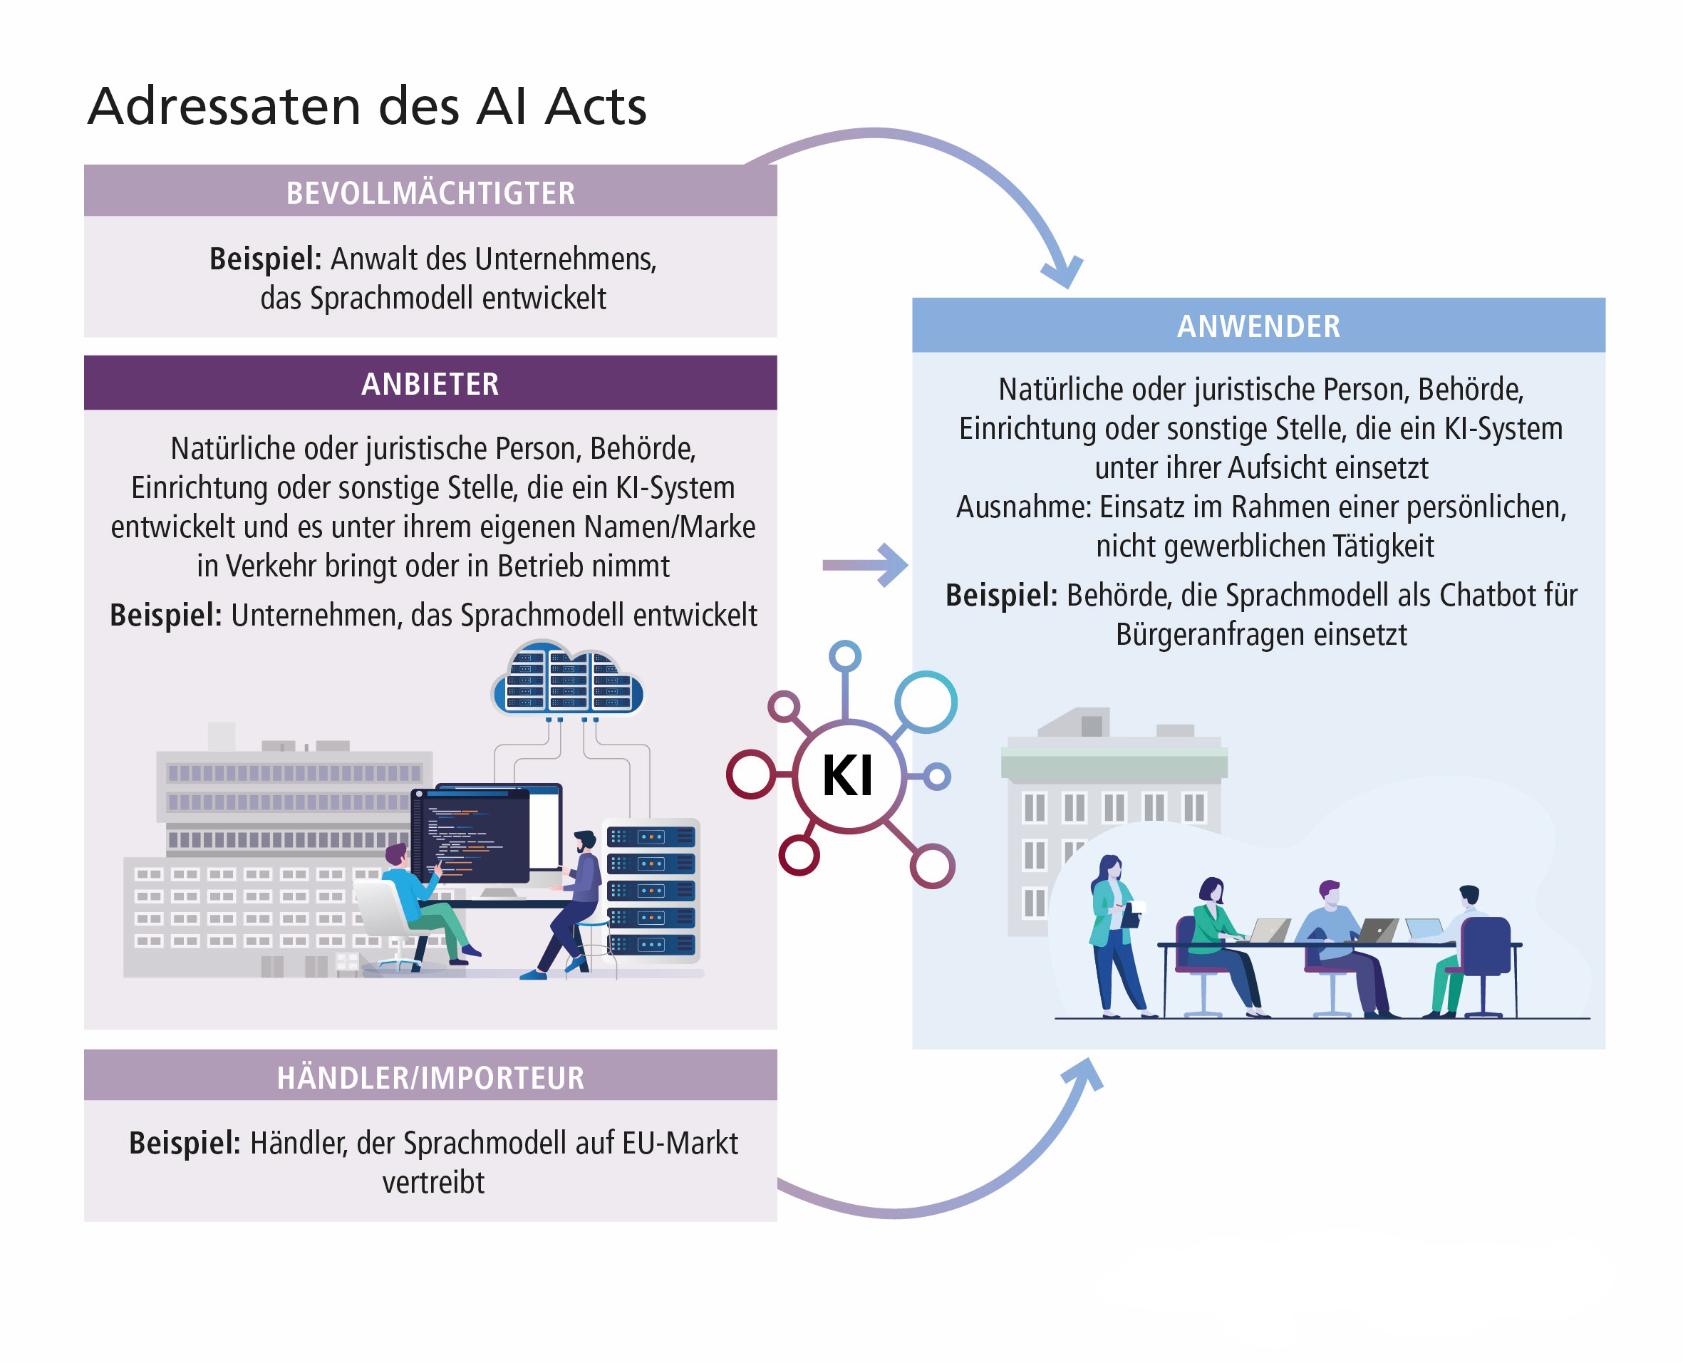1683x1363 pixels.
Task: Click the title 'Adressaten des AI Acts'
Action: pos(366,106)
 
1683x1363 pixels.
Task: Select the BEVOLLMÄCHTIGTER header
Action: pos(430,192)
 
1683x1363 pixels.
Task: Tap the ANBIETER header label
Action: pos(430,383)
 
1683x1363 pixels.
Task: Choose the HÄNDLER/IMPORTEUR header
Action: pos(430,1077)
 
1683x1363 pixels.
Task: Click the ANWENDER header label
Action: pos(1258,326)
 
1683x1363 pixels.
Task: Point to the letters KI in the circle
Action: pos(847,776)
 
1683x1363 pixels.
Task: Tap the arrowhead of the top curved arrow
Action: pos(1064,271)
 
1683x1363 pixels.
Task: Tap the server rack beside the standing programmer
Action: pos(651,891)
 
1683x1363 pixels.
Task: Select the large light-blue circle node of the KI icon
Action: pos(926,701)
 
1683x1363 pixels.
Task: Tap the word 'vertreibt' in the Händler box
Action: pos(433,1181)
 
